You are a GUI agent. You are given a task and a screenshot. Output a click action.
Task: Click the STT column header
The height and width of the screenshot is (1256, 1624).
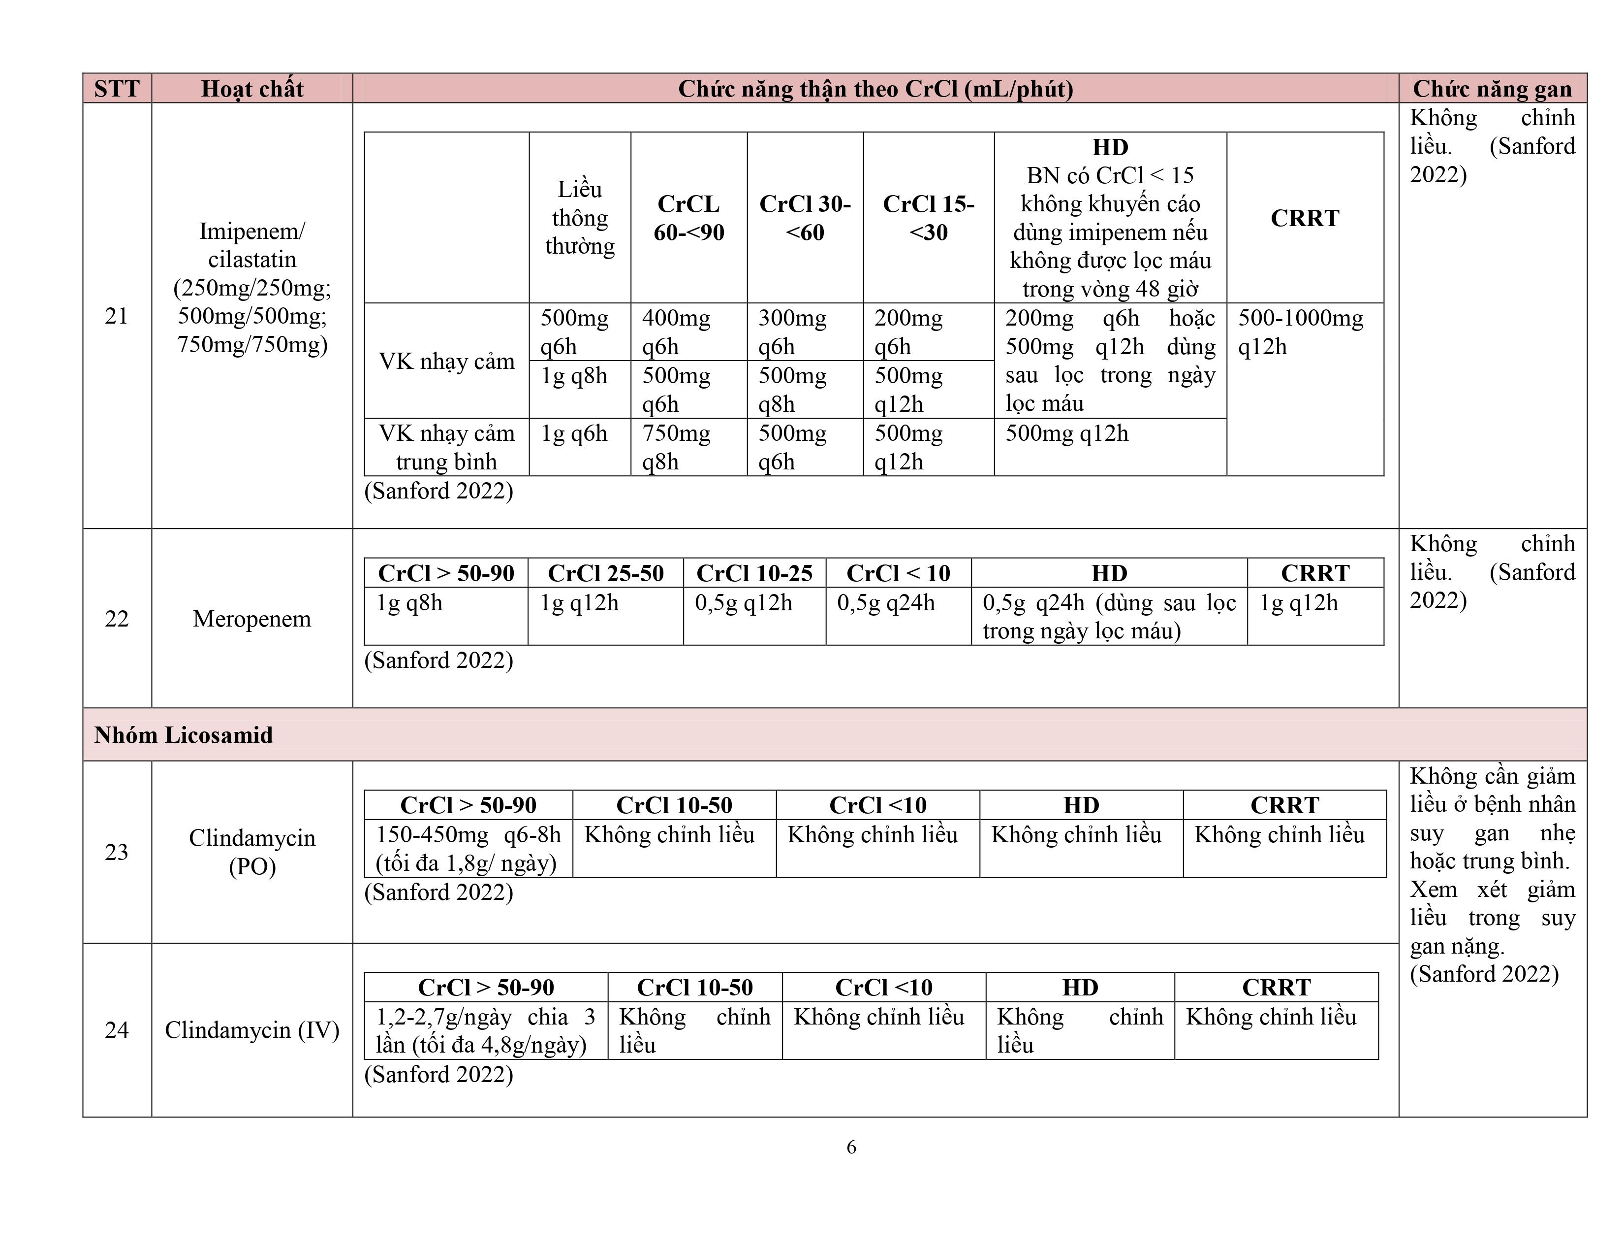(117, 89)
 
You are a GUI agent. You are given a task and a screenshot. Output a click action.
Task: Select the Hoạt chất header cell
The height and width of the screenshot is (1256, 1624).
(252, 89)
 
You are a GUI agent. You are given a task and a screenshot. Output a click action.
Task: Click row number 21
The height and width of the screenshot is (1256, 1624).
(117, 316)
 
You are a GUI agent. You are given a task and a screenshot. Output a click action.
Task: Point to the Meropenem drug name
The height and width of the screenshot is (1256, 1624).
(252, 618)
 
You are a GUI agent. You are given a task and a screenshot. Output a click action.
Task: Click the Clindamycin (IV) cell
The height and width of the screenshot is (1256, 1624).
(252, 1030)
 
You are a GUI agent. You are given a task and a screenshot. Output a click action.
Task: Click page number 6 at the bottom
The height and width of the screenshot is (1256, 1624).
(851, 1147)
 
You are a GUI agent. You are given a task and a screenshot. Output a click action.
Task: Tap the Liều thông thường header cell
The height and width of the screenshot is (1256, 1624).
(580, 217)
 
